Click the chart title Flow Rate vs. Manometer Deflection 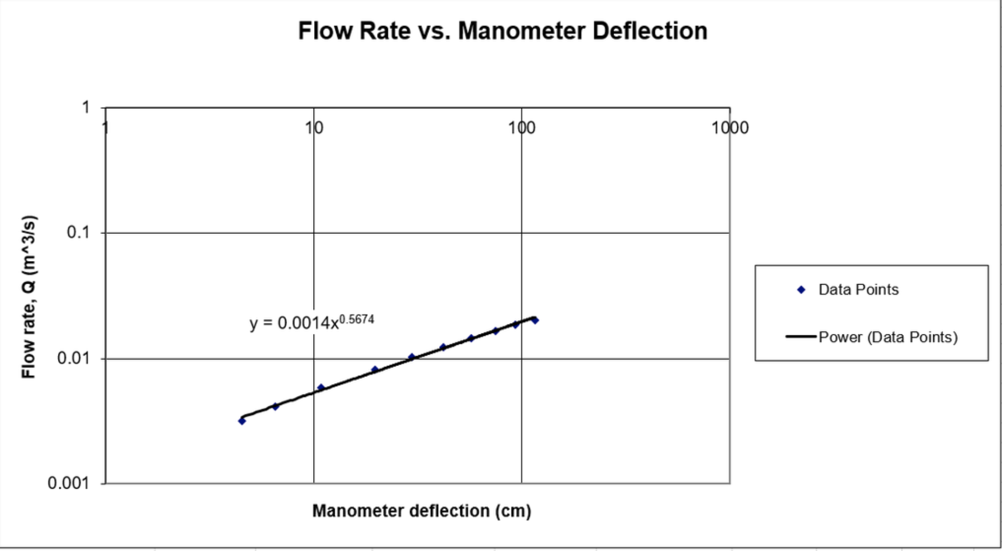[x=502, y=31]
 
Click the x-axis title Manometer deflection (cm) [x=422, y=511]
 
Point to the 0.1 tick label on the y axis [x=78, y=232]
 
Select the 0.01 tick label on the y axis [x=73, y=358]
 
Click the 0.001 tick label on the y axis [x=69, y=483]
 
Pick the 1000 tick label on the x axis [x=730, y=128]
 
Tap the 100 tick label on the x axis [x=522, y=128]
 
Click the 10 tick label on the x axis [x=314, y=128]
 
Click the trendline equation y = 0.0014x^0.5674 [x=312, y=322]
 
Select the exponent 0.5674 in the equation [x=357, y=319]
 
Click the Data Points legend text [x=859, y=290]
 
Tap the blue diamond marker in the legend [x=801, y=290]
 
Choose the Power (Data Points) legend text [x=888, y=337]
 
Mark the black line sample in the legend [x=801, y=336]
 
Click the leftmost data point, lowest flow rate [x=242, y=421]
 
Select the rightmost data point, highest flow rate [x=535, y=320]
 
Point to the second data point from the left [x=275, y=406]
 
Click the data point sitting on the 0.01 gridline [x=412, y=357]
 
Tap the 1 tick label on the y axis [x=86, y=107]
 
